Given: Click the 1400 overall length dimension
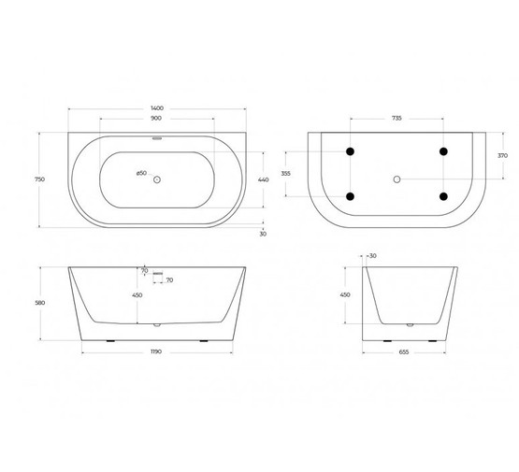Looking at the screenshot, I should pos(156,109).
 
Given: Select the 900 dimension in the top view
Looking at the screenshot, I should pos(156,120).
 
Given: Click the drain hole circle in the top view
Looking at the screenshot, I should pos(157,179).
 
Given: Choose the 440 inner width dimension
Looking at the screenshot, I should pos(263,179).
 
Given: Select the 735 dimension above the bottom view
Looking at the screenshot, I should pos(396,120).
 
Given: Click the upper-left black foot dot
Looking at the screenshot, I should pos(351,151).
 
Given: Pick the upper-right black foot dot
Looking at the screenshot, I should pos(442,151).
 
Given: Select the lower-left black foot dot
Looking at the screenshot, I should pos(351,196).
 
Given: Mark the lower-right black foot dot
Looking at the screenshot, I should pos(442,196).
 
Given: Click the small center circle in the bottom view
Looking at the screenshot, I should pos(396,178).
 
